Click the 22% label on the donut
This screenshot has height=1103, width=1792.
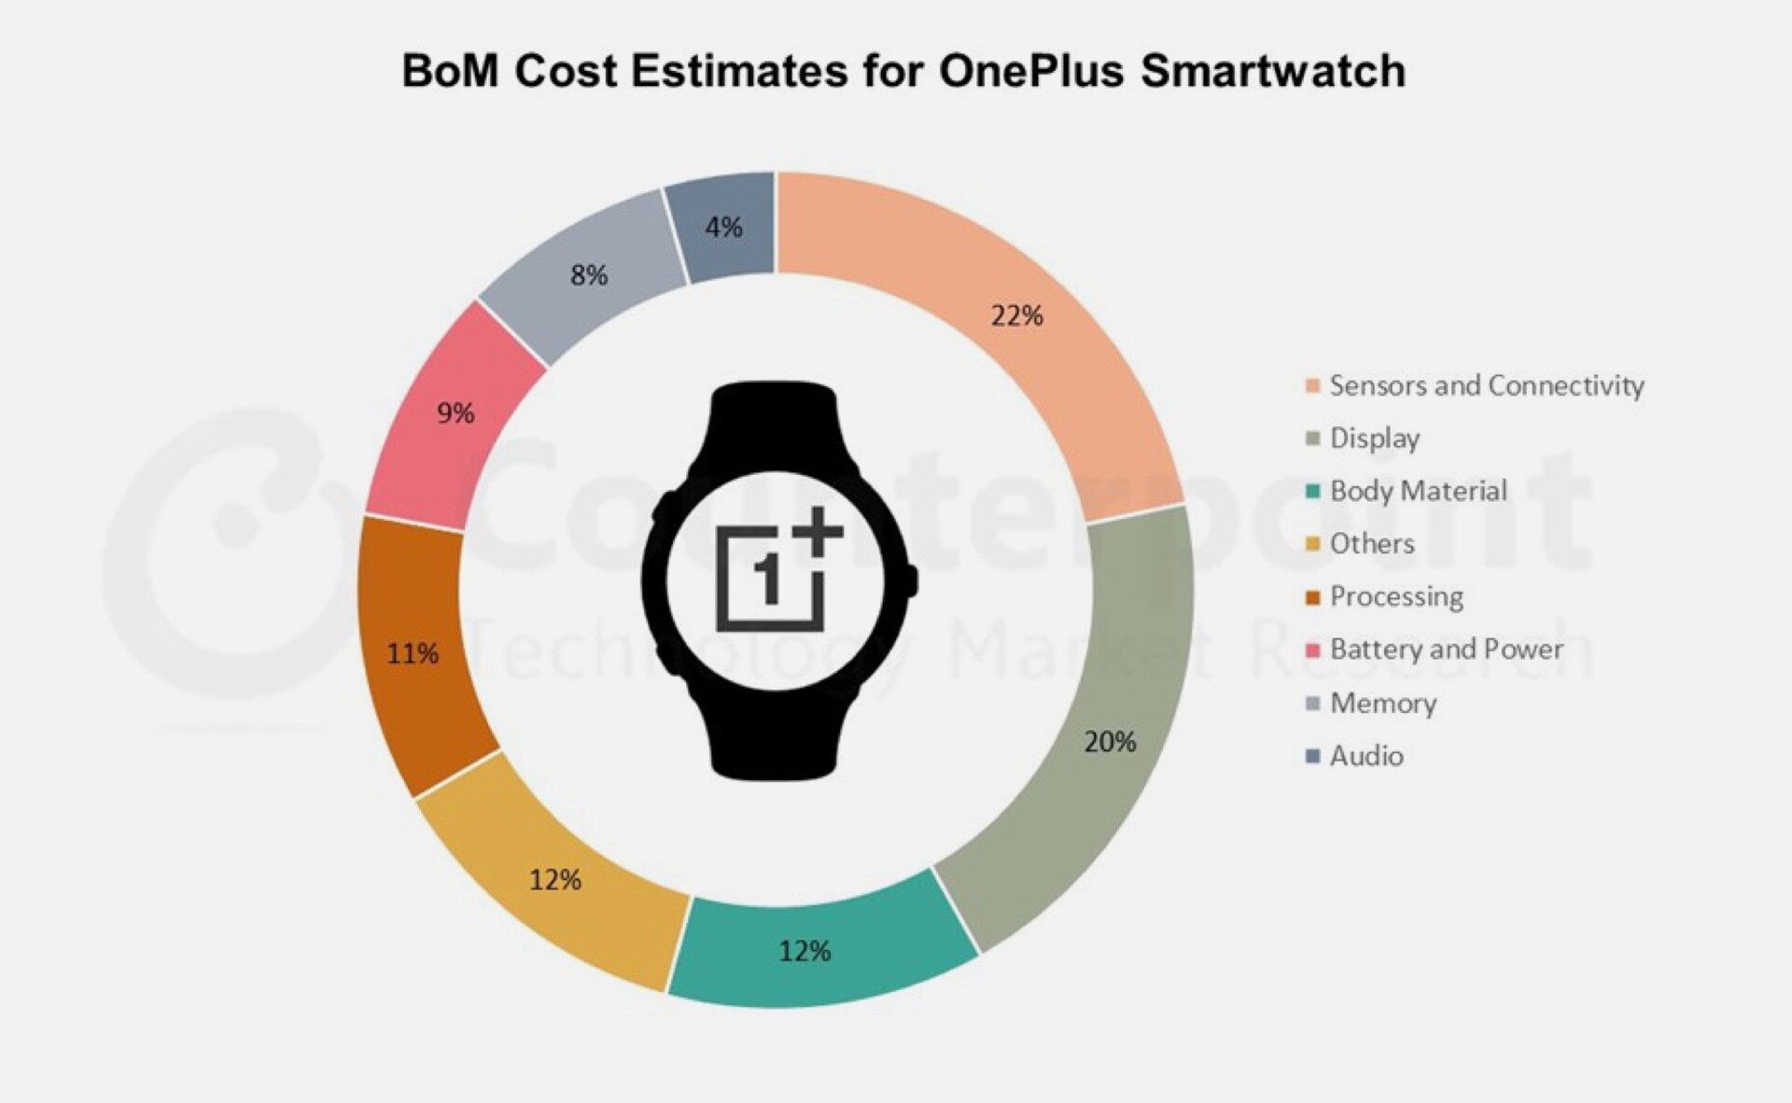(x=1016, y=316)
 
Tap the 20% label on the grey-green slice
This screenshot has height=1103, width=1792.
(x=1110, y=742)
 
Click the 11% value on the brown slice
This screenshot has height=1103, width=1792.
(x=413, y=653)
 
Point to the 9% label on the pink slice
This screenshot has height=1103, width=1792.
(x=455, y=412)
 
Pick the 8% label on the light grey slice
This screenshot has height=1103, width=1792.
(x=589, y=275)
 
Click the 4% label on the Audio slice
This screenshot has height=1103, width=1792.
(x=723, y=227)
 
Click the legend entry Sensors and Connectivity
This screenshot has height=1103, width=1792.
(x=1486, y=385)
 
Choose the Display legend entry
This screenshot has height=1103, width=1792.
(x=1374, y=439)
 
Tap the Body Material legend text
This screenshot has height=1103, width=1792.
(x=1418, y=491)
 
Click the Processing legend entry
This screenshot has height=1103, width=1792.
(x=1396, y=596)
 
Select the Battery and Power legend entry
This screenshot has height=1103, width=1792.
(x=1446, y=649)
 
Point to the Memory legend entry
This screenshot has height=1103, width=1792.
(x=1382, y=703)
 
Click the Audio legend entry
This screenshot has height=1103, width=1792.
(x=1365, y=756)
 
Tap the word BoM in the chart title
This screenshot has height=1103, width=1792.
(x=449, y=71)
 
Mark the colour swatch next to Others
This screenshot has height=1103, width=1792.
(x=1313, y=544)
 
